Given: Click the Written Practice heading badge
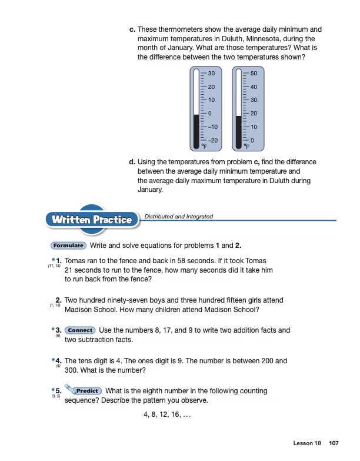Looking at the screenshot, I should click(x=92, y=220).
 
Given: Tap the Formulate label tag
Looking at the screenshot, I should click(x=69, y=246).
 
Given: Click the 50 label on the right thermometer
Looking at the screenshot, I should click(x=254, y=74).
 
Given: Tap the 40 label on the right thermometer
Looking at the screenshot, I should click(x=254, y=87).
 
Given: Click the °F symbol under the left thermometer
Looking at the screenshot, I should click(x=204, y=146).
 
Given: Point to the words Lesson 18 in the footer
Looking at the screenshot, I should click(x=307, y=443).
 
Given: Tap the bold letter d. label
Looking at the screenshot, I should click(x=132, y=161).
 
